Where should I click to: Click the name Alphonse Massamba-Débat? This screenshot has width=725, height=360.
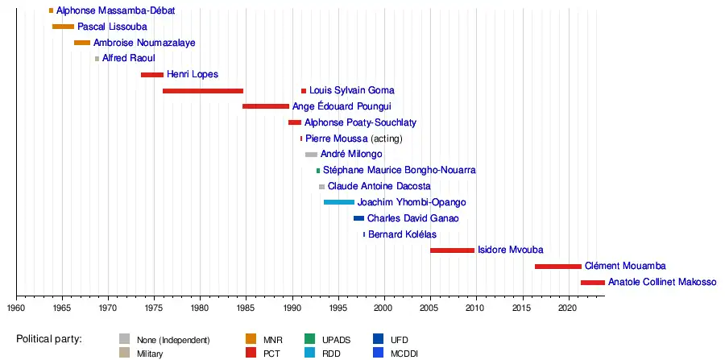tap(115, 11)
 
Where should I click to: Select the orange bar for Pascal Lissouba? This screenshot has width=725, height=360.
tap(63, 27)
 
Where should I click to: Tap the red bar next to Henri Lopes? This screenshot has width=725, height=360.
tap(152, 75)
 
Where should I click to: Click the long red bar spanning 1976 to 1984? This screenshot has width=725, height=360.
tap(203, 91)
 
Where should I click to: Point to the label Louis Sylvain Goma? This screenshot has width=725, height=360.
tap(352, 91)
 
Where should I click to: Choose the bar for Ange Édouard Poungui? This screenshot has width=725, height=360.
tap(266, 106)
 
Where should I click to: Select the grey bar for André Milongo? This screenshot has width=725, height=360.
tap(311, 155)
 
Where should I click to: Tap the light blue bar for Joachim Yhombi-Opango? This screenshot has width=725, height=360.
tap(339, 202)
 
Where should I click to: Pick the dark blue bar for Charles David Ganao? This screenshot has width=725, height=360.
tap(358, 218)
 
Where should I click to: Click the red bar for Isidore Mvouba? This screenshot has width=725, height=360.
tap(452, 250)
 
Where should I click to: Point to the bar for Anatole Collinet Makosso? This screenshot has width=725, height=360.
tap(592, 283)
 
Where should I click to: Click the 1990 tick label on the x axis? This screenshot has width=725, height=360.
tap(292, 307)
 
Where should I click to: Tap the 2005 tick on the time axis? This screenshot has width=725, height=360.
tap(429, 307)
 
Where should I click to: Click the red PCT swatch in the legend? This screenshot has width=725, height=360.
tap(251, 353)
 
